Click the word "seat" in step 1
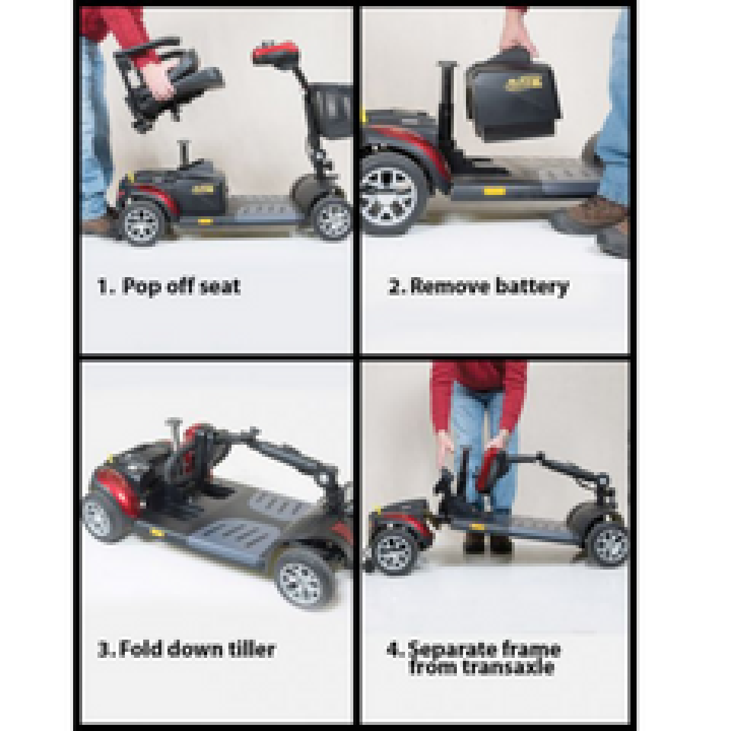[217, 286]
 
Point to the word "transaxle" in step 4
[481, 667]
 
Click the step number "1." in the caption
[106, 286]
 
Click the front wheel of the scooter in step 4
[608, 542]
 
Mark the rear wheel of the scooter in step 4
[389, 551]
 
